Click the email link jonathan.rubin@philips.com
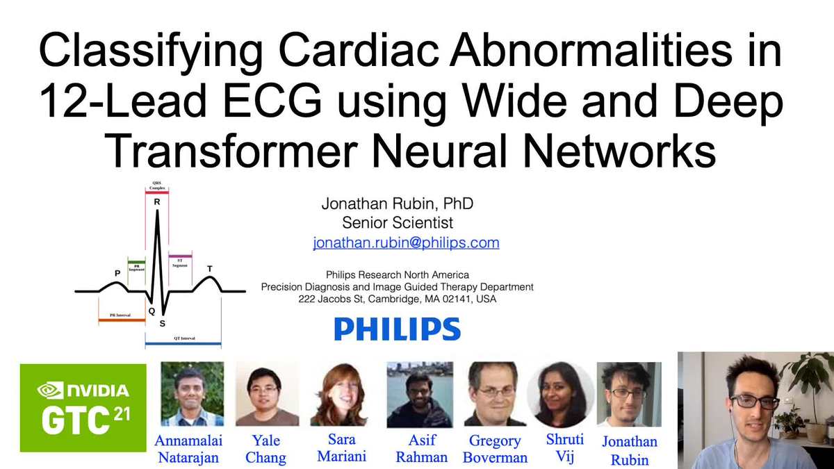pos(406,243)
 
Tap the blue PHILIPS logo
pos(397,329)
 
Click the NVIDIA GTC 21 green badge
pos(83,407)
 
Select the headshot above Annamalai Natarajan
pos(192,394)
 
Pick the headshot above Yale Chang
pos(267,394)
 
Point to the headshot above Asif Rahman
pos(420,394)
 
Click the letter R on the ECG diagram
pos(157,202)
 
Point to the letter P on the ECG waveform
pos(117,273)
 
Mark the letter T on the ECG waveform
pos(210,269)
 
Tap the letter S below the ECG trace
pos(163,323)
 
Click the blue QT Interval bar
pos(183,344)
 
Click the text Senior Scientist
pos(398,223)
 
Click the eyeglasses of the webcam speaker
pos(753,402)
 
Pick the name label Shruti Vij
pos(565,448)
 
